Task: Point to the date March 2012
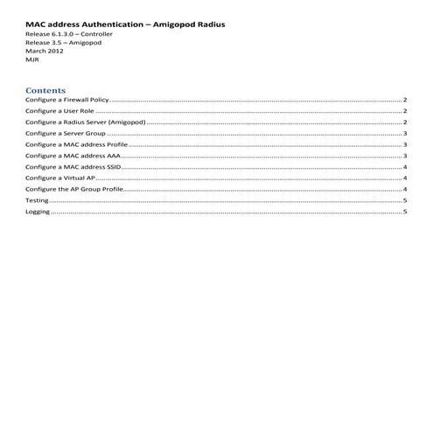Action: (x=44, y=51)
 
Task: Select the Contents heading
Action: (x=45, y=90)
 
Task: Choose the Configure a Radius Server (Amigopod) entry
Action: (x=84, y=123)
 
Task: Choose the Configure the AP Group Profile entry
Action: (x=74, y=189)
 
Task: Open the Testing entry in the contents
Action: (x=37, y=200)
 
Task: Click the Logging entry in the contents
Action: (x=38, y=212)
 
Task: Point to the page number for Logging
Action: (x=405, y=212)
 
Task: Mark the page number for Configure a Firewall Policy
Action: (x=405, y=101)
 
